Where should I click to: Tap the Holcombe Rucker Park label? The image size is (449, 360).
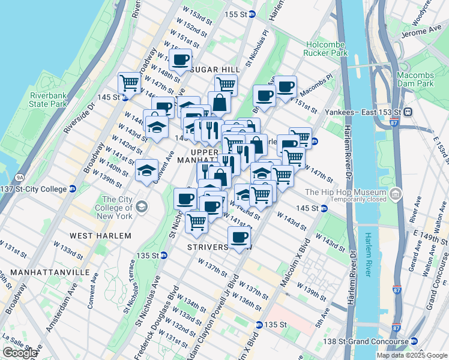[327, 49]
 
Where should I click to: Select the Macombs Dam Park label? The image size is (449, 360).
[415, 79]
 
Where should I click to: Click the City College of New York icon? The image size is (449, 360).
[141, 208]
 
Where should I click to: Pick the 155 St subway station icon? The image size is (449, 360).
[252, 14]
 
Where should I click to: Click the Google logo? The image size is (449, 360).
[20, 353]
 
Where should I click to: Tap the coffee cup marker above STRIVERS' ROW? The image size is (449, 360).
[240, 236]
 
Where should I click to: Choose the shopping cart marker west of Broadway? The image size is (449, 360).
[129, 82]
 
